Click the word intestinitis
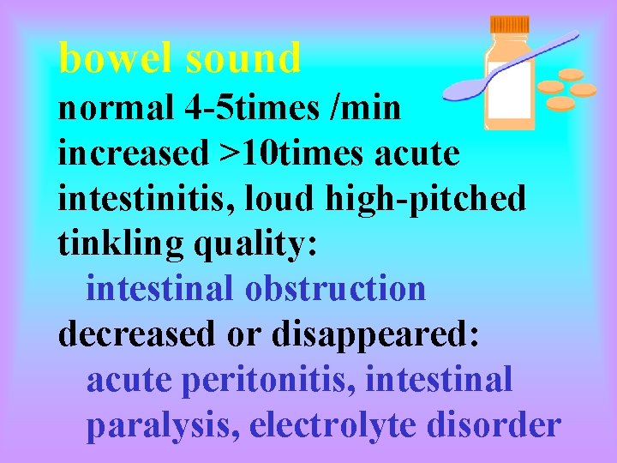tap(147, 199)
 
